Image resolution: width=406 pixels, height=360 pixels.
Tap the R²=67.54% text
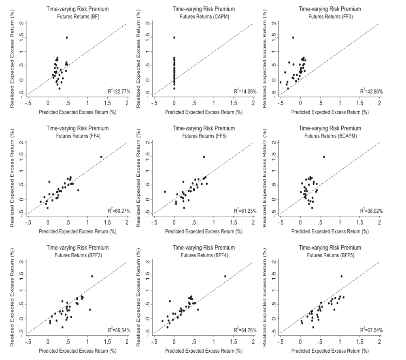coord(368,330)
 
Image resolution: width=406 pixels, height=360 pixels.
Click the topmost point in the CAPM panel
coord(174,38)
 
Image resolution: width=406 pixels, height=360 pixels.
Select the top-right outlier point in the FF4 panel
coord(101,157)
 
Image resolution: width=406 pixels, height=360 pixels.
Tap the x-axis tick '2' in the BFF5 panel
coord(379,341)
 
